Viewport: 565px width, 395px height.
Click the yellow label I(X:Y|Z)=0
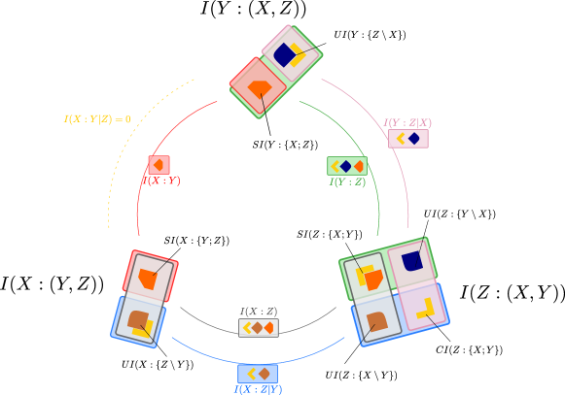click(97, 119)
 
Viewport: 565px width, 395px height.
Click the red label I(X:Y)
click(161, 181)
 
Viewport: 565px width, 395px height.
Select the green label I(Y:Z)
click(347, 181)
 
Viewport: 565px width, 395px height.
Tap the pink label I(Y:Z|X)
click(407, 123)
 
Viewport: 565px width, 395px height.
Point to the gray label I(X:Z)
click(259, 312)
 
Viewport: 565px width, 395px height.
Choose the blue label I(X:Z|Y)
click(258, 389)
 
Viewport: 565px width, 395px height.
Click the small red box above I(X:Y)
click(159, 165)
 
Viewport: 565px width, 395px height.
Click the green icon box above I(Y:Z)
click(346, 166)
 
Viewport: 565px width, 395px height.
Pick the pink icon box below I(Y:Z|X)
click(407, 139)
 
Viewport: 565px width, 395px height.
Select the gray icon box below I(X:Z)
click(258, 328)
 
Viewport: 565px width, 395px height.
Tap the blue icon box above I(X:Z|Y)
click(258, 374)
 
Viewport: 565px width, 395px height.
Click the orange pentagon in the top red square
click(259, 88)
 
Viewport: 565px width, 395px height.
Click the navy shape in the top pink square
click(284, 54)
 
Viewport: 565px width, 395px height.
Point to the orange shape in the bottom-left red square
click(148, 280)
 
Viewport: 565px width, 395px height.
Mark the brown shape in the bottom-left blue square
click(138, 318)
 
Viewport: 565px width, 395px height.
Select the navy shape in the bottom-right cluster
click(412, 261)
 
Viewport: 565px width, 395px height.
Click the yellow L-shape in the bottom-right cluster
click(427, 311)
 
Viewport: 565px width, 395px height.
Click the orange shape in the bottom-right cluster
click(373, 280)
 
